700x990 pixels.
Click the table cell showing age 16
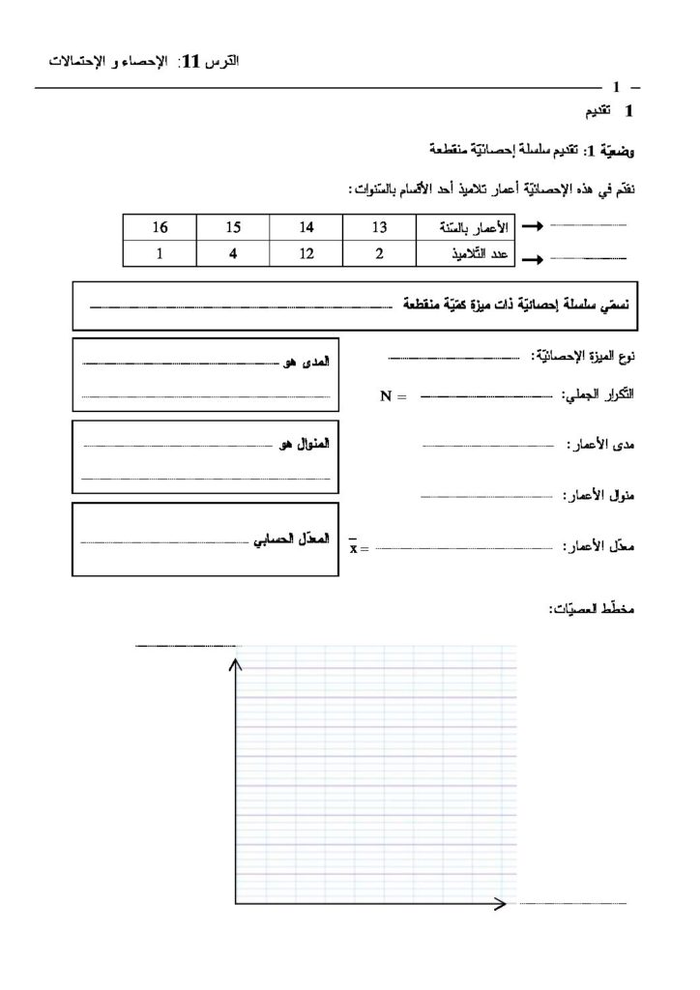pos(160,227)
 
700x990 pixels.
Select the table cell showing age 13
pos(379,227)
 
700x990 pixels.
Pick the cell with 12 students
pos(306,254)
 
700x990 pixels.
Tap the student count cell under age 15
pos(232,254)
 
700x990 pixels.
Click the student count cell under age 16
pos(160,254)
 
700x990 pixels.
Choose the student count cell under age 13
pos(379,254)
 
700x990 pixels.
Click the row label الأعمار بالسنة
pos(466,227)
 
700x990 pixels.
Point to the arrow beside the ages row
pos(532,228)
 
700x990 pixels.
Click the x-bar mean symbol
pos(353,547)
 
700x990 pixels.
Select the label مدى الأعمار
pos(599,446)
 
